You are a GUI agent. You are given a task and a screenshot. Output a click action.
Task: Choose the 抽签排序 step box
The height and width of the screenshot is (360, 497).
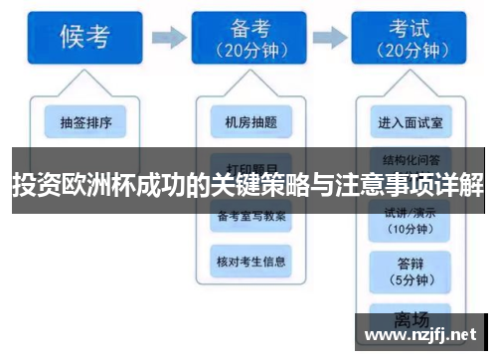click(92, 123)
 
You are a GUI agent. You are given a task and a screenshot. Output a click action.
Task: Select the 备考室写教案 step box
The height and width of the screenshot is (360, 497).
click(250, 217)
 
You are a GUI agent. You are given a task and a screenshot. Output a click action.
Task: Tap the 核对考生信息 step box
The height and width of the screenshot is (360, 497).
click(250, 262)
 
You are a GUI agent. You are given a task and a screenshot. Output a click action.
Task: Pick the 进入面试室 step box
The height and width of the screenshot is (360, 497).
click(411, 123)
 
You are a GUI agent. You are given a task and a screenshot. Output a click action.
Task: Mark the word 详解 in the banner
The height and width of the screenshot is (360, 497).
click(464, 184)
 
